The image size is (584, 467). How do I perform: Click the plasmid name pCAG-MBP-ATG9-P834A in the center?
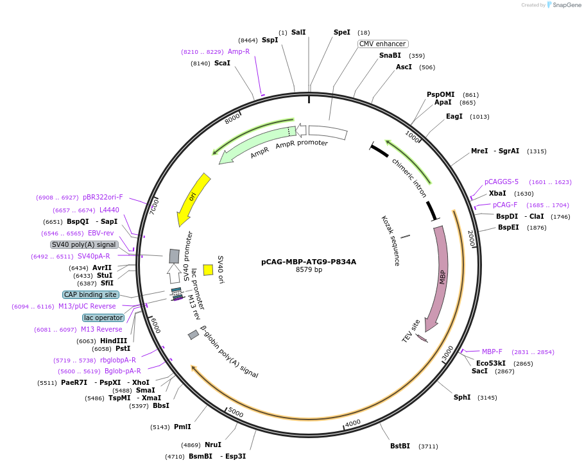coord(309,262)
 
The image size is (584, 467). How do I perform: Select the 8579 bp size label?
coord(309,270)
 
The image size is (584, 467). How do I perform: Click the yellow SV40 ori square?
coord(208,270)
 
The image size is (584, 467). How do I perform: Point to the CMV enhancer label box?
coord(382,44)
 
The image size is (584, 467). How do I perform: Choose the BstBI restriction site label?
coord(400,446)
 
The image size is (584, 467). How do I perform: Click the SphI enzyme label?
coord(462,397)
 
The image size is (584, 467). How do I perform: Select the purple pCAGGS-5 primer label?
coord(501,182)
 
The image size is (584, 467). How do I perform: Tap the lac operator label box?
coord(103,318)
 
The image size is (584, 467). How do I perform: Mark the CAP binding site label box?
coord(90,294)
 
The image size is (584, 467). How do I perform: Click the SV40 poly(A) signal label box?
coord(84,244)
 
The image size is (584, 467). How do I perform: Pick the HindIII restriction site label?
coord(114,341)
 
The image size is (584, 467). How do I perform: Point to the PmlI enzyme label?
coord(182,427)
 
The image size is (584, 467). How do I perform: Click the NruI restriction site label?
coord(213,445)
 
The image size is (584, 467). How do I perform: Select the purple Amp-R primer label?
coord(239,51)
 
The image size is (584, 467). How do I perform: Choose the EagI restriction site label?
coord(454,116)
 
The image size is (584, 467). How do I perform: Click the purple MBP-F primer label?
coord(492,352)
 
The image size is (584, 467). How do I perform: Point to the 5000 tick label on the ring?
coord(236,412)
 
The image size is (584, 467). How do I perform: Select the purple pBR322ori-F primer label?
coord(103,197)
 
